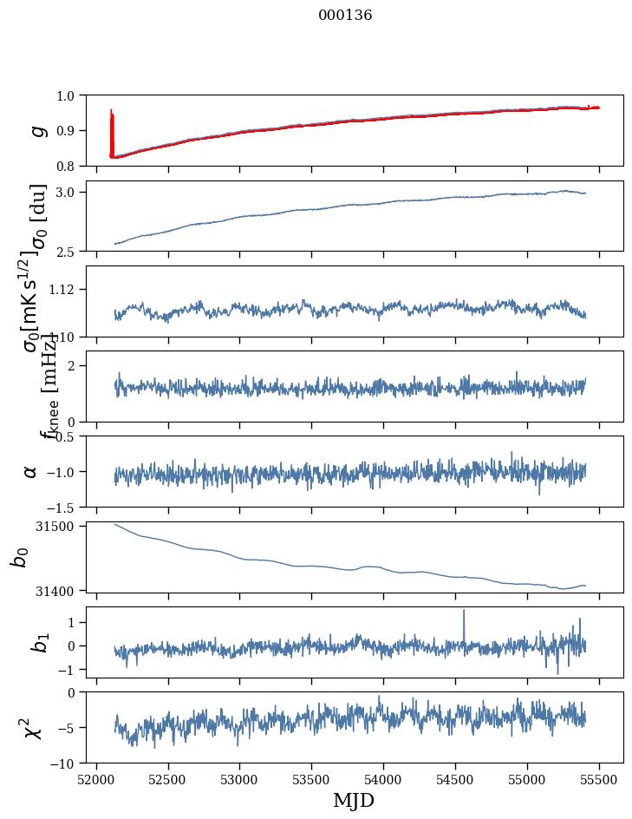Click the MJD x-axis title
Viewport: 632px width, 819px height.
pos(354,800)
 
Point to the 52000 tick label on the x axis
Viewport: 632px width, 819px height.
pos(96,779)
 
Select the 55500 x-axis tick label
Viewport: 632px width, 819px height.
pos(599,779)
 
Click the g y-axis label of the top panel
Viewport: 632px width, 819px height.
pos(36,130)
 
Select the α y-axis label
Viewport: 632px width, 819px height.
pos(30,471)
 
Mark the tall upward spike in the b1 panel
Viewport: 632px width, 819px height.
pos(464,613)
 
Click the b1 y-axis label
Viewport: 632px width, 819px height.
pos(36,642)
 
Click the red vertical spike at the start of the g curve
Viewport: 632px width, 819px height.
pos(112,121)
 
